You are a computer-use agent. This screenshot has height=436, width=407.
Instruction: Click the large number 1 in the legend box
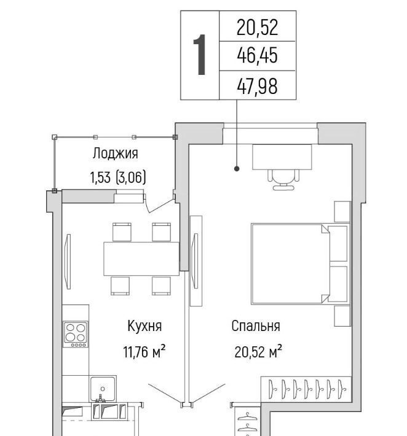click(200, 55)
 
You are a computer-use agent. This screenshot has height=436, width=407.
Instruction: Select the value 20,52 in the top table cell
click(257, 28)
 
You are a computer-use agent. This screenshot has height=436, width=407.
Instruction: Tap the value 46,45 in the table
click(257, 55)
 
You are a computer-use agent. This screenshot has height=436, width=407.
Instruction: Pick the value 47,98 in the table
click(257, 86)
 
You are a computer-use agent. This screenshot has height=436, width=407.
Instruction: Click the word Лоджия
click(115, 153)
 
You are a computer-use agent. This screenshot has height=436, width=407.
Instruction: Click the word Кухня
click(144, 325)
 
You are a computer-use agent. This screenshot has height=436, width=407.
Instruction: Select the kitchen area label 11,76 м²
click(144, 351)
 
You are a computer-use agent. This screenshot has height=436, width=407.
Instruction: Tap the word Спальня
click(256, 326)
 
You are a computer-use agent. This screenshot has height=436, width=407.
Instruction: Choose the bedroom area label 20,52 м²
click(258, 351)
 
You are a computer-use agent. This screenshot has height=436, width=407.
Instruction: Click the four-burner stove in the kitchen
click(75, 334)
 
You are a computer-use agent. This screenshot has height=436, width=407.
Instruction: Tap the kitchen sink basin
click(103, 389)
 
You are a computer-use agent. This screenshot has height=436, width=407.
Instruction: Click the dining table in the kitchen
click(141, 259)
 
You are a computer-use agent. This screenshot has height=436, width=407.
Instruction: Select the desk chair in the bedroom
click(283, 180)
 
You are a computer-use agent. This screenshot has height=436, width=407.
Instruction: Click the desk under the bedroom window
click(282, 157)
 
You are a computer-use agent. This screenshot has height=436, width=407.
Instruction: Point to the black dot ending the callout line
click(237, 168)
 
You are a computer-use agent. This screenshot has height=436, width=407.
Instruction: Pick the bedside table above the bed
click(342, 212)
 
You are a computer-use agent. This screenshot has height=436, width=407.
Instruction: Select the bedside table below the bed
click(342, 316)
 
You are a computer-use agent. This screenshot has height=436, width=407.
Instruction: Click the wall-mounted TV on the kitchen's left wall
click(68, 262)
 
